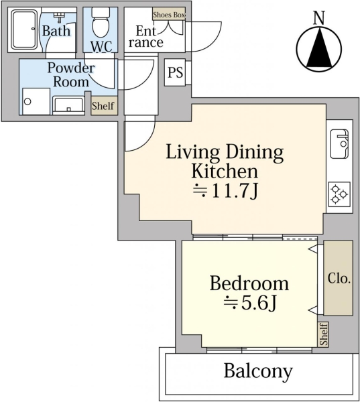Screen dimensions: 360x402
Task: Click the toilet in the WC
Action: [x=101, y=23]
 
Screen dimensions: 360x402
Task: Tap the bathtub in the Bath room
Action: [x=25, y=29]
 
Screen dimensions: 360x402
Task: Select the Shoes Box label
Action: [x=169, y=15]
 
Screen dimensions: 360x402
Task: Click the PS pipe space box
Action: [x=175, y=72]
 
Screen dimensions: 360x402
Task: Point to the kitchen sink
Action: [x=339, y=143]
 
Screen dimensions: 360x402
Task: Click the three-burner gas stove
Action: [x=339, y=194]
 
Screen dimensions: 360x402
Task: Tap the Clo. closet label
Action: [x=339, y=278]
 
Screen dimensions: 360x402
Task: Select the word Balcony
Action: [x=258, y=371]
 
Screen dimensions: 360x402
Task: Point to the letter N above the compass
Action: [x=319, y=17]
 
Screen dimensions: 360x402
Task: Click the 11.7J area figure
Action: [x=225, y=191]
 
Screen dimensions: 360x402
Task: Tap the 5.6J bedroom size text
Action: [x=250, y=303]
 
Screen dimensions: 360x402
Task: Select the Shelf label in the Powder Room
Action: [x=103, y=106]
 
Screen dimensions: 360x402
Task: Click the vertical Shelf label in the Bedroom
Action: [x=323, y=334]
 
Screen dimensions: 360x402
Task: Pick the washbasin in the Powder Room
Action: [x=68, y=106]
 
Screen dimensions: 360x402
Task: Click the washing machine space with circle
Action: [x=36, y=102]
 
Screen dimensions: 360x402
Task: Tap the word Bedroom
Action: [x=249, y=283]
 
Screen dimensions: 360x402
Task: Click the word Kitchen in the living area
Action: [x=225, y=171]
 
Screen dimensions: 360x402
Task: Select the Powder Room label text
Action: [x=71, y=75]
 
